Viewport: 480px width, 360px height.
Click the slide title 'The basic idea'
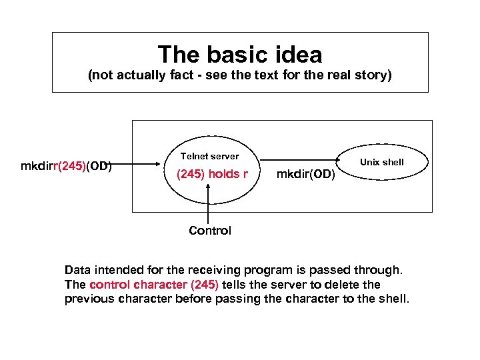pyautogui.click(x=240, y=55)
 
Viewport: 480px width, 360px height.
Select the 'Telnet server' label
pyautogui.click(x=209, y=156)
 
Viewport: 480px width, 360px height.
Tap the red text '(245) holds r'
pyautogui.click(x=211, y=175)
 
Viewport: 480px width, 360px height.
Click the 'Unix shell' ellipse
pyautogui.click(x=382, y=162)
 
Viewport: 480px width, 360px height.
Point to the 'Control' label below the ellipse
pyautogui.click(x=210, y=231)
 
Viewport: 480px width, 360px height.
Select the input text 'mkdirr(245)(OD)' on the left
pyautogui.click(x=66, y=166)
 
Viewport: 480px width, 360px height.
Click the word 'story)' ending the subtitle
pyautogui.click(x=375, y=75)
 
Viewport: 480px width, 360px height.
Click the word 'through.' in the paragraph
pyautogui.click(x=380, y=270)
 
